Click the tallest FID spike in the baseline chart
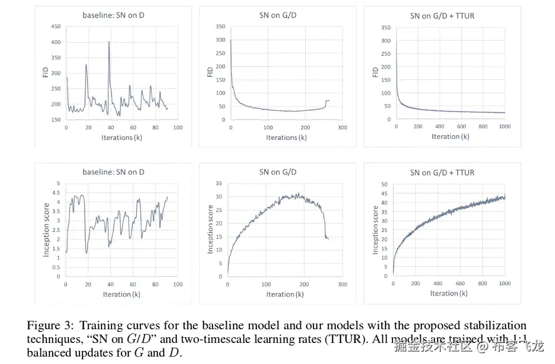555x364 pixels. (x=109, y=42)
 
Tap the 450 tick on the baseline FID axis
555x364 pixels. (x=55, y=27)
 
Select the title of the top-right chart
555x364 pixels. (x=442, y=16)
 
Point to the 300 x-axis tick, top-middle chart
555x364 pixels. (x=342, y=127)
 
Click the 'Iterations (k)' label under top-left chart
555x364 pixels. (x=117, y=137)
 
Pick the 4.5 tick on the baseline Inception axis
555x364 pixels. (x=58, y=193)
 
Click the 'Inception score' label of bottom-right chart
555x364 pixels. (x=376, y=230)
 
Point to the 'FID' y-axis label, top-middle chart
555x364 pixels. (x=210, y=72)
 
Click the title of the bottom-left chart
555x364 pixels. (x=114, y=172)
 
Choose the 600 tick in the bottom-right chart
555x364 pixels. (x=460, y=284)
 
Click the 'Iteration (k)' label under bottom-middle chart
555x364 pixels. (x=285, y=294)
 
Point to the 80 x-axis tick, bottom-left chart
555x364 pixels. (x=155, y=285)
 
